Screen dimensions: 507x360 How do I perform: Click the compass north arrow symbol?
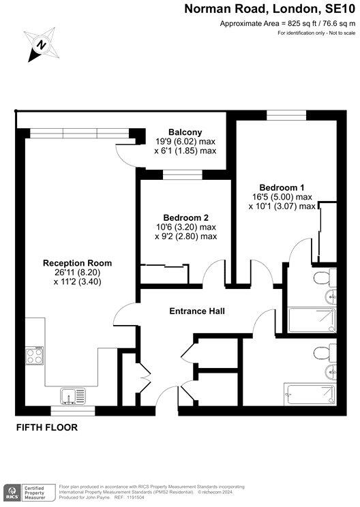40,45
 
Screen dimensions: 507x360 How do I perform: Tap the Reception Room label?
77,263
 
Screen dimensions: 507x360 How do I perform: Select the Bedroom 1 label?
282,187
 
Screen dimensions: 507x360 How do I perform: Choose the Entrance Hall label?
197,312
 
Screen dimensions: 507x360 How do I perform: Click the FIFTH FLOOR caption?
47,428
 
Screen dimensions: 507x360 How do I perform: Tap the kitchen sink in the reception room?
70,395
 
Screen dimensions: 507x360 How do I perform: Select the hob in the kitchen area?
35,356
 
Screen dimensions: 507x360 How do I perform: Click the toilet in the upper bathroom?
323,277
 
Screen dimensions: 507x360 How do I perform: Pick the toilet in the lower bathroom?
323,353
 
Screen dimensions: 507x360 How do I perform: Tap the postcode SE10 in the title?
339,10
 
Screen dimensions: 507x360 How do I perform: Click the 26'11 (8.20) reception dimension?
78,273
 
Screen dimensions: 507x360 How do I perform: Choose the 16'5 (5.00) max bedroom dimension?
282,197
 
